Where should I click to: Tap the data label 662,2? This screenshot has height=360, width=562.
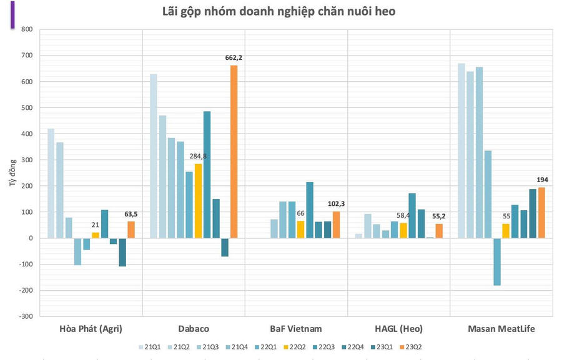click(x=234, y=58)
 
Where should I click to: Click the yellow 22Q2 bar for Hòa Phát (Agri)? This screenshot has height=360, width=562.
click(x=96, y=235)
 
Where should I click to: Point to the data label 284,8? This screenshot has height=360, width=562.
click(x=198, y=156)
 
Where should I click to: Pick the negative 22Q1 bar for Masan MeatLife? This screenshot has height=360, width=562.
click(x=497, y=262)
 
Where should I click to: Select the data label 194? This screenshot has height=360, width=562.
click(x=541, y=181)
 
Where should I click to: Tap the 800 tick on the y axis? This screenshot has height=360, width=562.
click(x=26, y=29)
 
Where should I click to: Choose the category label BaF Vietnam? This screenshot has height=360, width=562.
click(x=296, y=329)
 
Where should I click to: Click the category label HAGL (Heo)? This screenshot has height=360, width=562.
click(x=398, y=329)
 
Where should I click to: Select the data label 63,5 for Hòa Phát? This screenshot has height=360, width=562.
click(x=131, y=214)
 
